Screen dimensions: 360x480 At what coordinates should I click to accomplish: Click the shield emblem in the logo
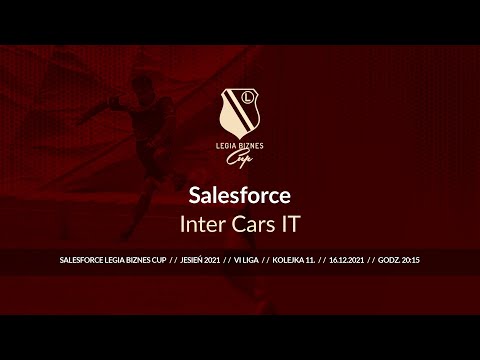(240, 110)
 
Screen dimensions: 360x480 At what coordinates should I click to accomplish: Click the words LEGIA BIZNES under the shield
(240, 143)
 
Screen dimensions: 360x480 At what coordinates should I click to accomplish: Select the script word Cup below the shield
(240, 155)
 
